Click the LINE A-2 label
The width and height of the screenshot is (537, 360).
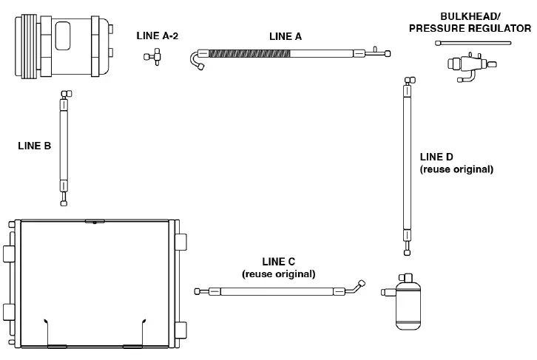158,35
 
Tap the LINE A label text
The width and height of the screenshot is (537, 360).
286,35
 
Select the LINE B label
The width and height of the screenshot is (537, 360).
34,146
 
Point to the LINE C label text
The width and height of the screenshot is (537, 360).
278,262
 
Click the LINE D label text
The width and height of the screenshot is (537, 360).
436,157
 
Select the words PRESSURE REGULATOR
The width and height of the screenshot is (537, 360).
485,28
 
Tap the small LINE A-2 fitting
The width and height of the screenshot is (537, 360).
154,56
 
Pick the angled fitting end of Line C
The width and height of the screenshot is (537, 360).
358,288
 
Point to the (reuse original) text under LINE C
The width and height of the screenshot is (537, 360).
278,274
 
